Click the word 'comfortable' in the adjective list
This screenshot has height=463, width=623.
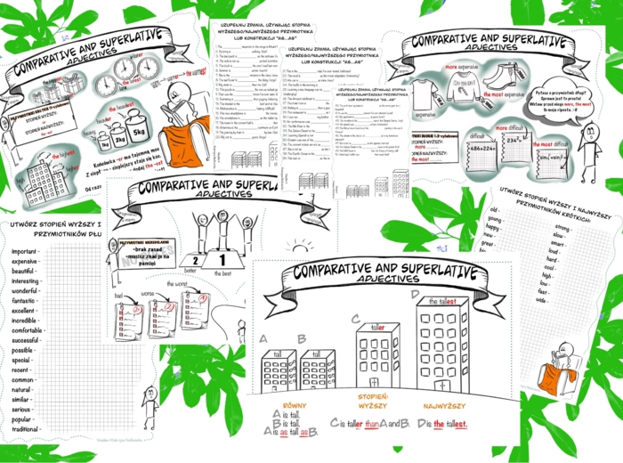click(x=28, y=330)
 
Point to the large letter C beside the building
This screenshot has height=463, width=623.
click(x=356, y=318)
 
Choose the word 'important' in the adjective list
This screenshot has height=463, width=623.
click(x=25, y=251)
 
